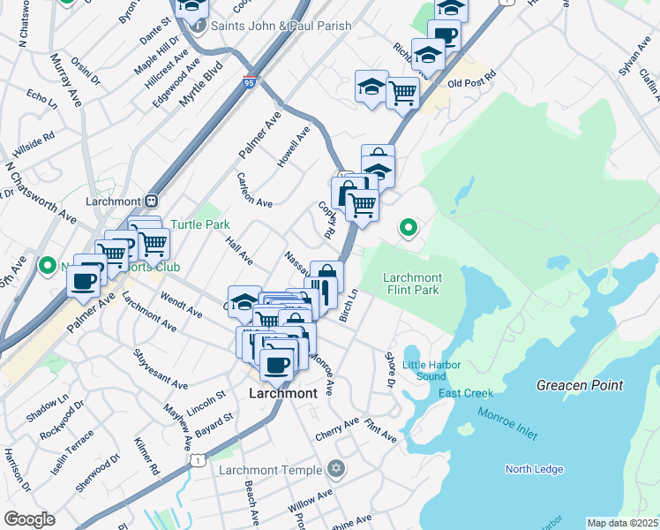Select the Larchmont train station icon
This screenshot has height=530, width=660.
[x=151, y=201]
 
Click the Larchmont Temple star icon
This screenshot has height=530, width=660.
[x=334, y=468]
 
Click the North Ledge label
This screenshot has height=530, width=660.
[x=534, y=469]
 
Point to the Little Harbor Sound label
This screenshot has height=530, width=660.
[x=424, y=370]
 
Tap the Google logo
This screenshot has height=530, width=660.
[x=29, y=519]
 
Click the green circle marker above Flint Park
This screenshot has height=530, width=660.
[x=408, y=228]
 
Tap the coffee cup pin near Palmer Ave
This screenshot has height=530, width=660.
[x=84, y=281]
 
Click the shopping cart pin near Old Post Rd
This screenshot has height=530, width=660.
[x=402, y=90]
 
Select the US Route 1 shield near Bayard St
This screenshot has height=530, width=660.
[x=199, y=459]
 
